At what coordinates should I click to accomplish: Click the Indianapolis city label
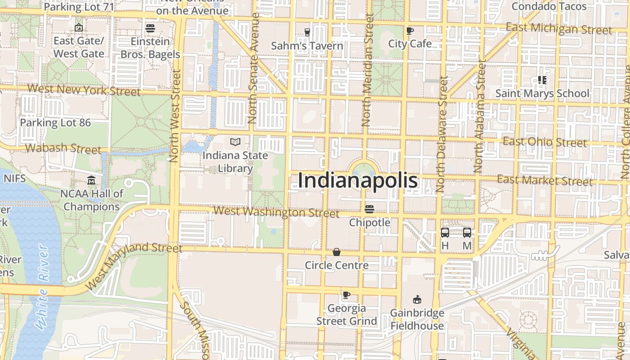(x=358, y=181)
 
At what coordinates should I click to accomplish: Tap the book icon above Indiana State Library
(x=235, y=142)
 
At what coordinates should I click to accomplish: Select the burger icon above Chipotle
(x=369, y=209)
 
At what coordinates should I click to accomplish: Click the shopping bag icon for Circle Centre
(x=336, y=252)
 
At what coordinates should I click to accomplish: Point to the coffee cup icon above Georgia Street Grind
(x=346, y=295)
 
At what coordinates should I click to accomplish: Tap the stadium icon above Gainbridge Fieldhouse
(x=417, y=300)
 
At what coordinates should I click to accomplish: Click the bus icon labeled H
(x=445, y=233)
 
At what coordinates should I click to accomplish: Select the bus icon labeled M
(x=467, y=233)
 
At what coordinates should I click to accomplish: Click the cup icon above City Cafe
(x=409, y=31)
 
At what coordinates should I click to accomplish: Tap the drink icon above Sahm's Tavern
(x=307, y=32)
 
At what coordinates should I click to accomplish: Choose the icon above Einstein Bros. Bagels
(x=150, y=28)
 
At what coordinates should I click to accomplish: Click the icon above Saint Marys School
(x=542, y=80)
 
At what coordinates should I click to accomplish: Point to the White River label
(x=43, y=288)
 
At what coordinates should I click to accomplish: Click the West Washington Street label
(x=276, y=212)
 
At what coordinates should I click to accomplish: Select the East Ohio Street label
(x=544, y=142)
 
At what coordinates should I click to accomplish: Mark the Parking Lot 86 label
(x=55, y=122)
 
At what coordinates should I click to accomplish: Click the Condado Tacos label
(x=549, y=6)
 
